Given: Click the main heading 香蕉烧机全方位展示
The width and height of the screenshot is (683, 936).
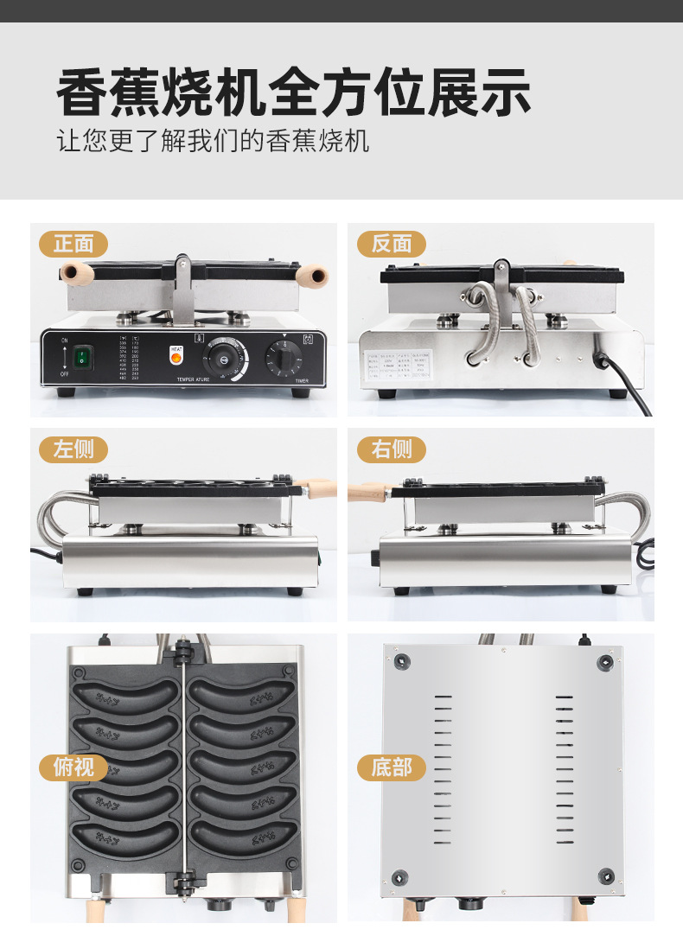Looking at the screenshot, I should pos(293,92).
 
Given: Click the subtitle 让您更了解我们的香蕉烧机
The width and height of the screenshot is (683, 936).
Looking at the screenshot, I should pos(213,140).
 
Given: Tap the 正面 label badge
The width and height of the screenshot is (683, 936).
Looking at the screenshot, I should pos(73,245).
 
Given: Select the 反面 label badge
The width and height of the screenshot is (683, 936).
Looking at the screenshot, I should pos(392,245).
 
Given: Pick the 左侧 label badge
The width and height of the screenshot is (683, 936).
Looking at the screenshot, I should pos(73,449).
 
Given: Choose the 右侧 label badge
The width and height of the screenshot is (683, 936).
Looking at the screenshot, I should pos(392,449).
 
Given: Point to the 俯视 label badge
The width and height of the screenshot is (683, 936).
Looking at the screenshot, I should pos(73,767).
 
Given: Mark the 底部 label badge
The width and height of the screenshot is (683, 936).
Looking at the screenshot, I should pos(392,767).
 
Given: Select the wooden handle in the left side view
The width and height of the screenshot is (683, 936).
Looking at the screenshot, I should pos(320,489).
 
